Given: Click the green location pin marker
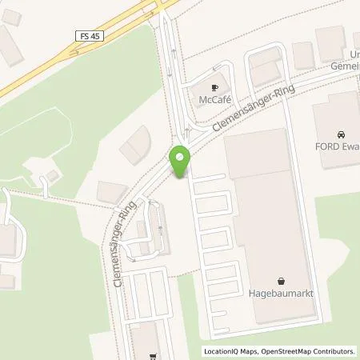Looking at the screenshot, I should [x=182, y=162].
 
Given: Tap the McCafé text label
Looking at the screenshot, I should [x=214, y=100].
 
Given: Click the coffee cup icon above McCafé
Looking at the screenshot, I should [x=214, y=87].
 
